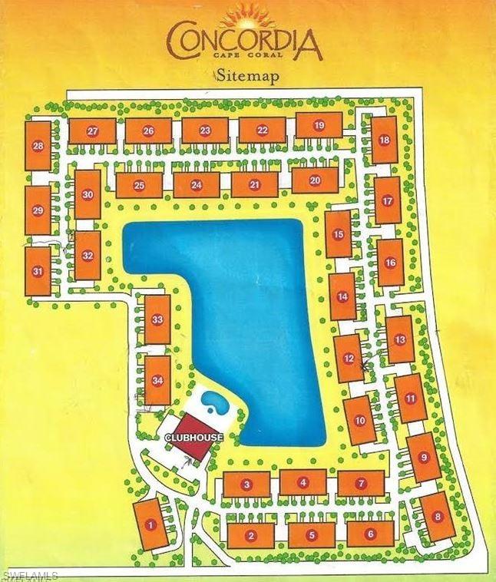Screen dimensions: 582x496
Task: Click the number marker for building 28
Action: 38,145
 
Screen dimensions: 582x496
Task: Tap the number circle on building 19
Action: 319,125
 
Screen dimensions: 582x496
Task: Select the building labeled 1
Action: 150,524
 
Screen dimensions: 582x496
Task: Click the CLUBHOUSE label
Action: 194,437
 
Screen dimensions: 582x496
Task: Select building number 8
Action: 437,516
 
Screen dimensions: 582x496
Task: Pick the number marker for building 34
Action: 158,380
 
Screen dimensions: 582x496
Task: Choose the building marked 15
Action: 338,235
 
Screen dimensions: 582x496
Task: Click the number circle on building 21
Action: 254,184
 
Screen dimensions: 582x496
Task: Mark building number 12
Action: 349,358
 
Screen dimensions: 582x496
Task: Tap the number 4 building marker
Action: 303,482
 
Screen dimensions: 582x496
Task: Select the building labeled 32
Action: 88,255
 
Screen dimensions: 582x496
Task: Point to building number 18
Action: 384,140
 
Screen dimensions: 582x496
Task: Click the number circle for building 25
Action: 139,185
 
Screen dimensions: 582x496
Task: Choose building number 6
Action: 370,534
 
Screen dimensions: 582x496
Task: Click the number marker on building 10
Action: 359,420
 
